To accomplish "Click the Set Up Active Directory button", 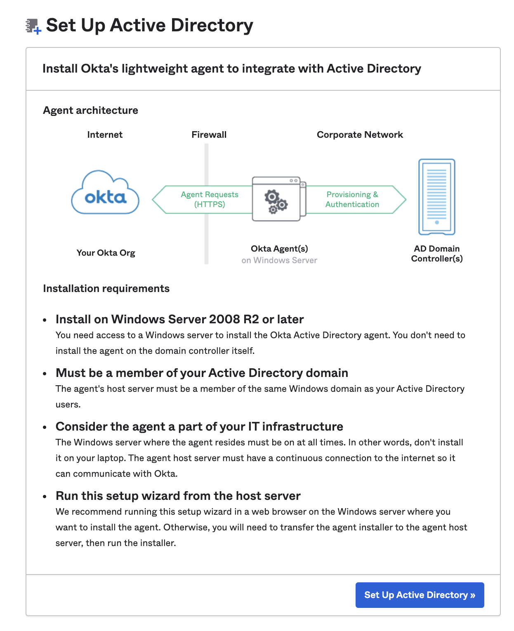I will click(x=420, y=595).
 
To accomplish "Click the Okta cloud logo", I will click(x=105, y=193).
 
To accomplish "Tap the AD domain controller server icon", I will click(x=436, y=197).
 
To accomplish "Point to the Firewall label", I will click(x=209, y=135).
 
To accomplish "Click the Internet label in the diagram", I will click(x=105, y=135).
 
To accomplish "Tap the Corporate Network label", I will click(x=360, y=135).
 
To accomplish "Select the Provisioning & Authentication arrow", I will click(x=353, y=200).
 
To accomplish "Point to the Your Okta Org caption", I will click(x=106, y=253).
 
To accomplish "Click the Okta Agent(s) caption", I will click(x=279, y=249).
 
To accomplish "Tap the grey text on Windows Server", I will click(x=279, y=260).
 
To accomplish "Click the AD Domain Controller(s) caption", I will click(x=437, y=254).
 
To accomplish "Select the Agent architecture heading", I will click(x=90, y=111).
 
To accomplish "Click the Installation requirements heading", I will click(x=106, y=289).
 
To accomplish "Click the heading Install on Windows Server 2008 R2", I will click(x=179, y=319).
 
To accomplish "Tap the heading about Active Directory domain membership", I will click(x=202, y=373).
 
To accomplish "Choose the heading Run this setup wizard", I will click(x=178, y=496).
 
